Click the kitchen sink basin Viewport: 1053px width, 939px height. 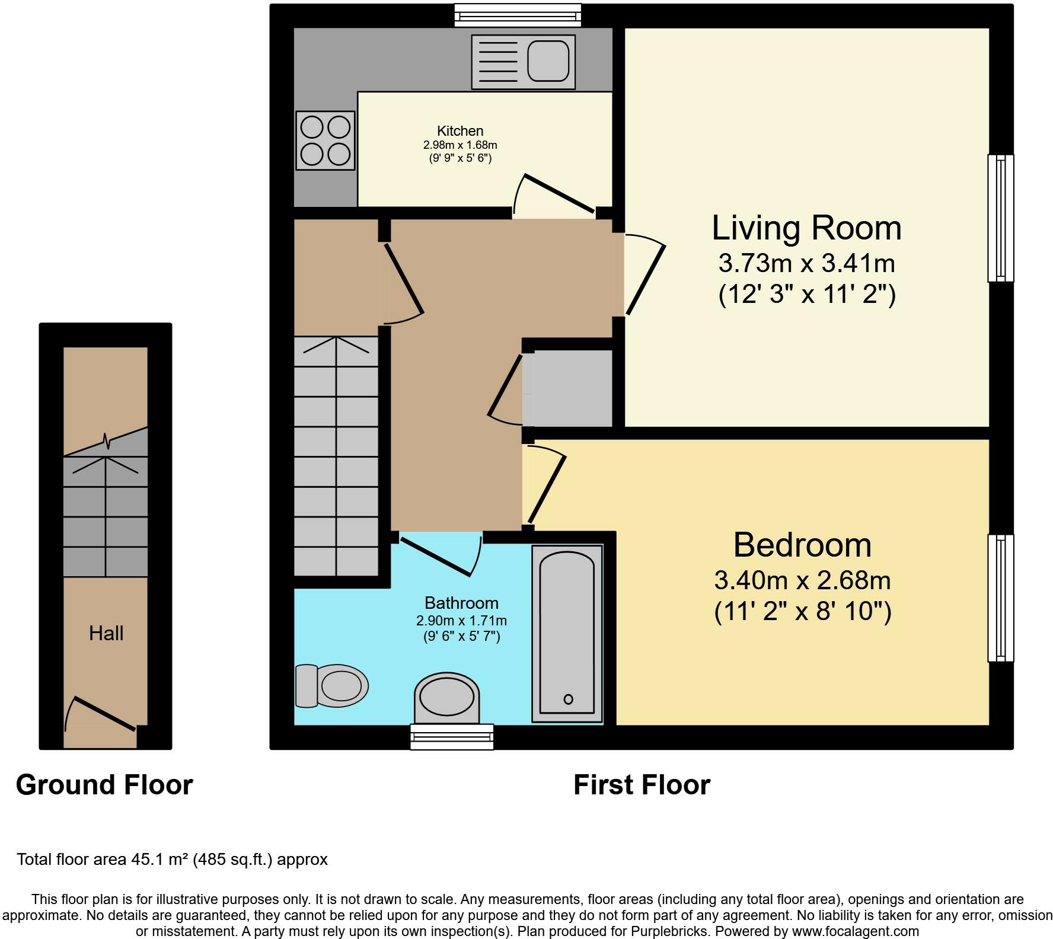pyautogui.click(x=548, y=61)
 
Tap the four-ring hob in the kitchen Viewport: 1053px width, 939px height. pyautogui.click(x=326, y=140)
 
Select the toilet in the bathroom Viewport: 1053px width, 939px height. pyautogui.click(x=331, y=686)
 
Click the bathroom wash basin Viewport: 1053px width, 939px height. pyautogui.click(x=446, y=698)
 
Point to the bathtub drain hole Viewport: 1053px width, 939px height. pyautogui.click(x=568, y=699)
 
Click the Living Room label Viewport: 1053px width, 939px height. pyautogui.click(x=806, y=228)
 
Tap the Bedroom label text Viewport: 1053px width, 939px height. pyautogui.click(x=802, y=545)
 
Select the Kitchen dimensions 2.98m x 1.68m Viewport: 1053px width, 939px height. pyautogui.click(x=460, y=145)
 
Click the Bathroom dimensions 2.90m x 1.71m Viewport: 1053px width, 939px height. pyautogui.click(x=461, y=621)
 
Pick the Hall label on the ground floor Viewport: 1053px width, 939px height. pyautogui.click(x=106, y=633)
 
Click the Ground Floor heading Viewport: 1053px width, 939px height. pyautogui.click(x=104, y=785)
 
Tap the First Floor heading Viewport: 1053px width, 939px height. pyautogui.click(x=642, y=785)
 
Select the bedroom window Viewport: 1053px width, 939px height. pyautogui.click(x=1001, y=598)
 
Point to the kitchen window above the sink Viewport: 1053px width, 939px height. pyautogui.click(x=518, y=15)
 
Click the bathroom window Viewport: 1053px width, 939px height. pyautogui.click(x=452, y=737)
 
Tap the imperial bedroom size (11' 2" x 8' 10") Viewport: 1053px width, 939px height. pyautogui.click(x=802, y=611)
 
